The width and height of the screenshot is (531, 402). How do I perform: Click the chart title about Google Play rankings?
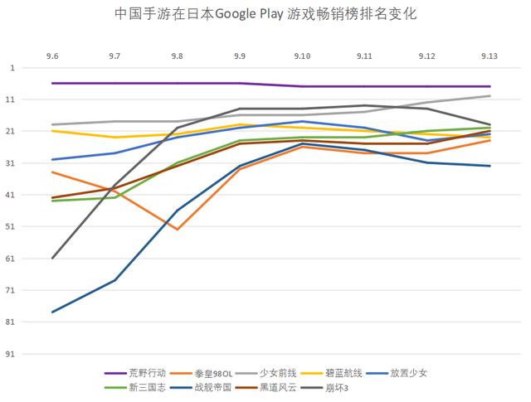pos(265,15)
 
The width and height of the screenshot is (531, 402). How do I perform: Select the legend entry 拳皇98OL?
pos(212,373)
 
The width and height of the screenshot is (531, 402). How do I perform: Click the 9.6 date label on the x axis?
pos(52,55)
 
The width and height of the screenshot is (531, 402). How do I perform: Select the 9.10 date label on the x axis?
pos(302,55)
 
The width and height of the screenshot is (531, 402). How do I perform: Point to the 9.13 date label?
pos(490,55)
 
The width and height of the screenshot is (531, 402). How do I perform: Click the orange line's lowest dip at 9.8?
pos(178,229)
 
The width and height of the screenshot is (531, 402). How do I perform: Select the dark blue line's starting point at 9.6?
pos(52,312)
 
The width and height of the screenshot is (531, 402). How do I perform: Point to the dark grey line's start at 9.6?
pos(52,258)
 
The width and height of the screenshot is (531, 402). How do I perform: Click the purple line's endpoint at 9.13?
pos(490,86)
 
